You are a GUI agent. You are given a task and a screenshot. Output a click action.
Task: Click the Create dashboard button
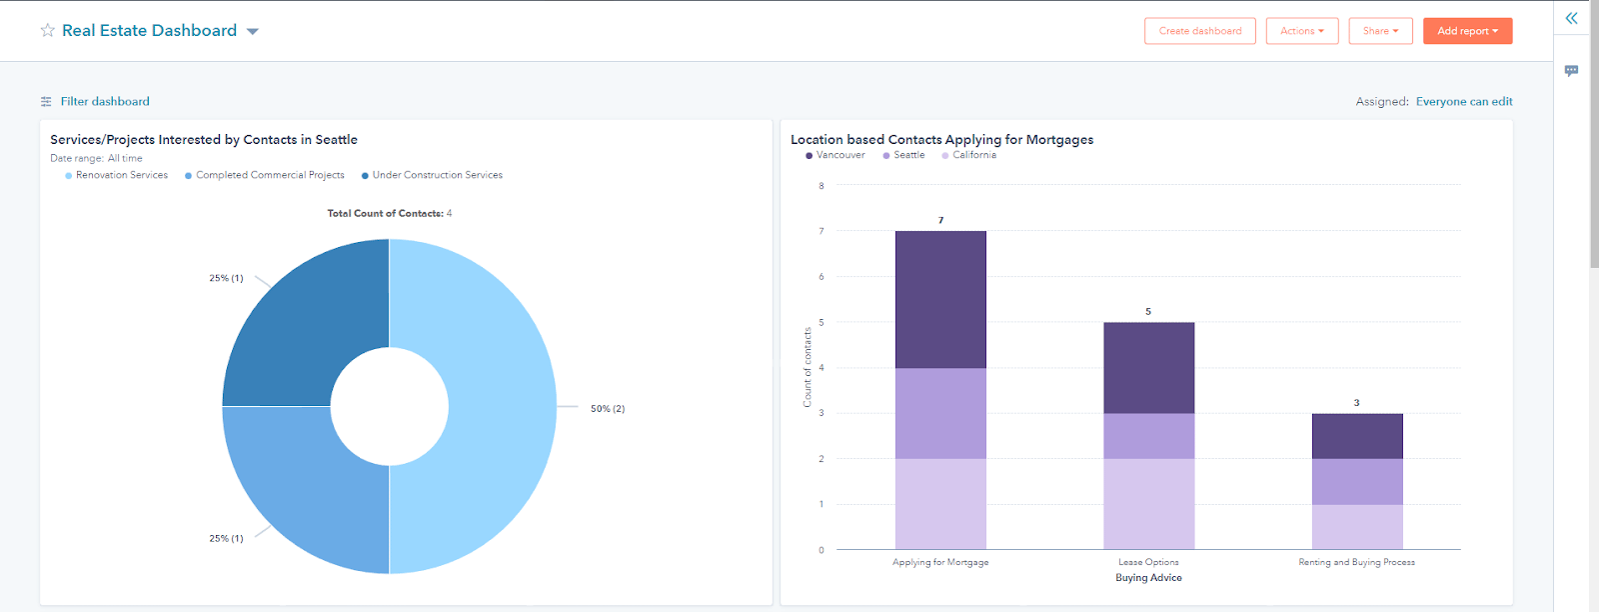(1199, 31)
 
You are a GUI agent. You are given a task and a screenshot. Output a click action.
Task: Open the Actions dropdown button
(1301, 31)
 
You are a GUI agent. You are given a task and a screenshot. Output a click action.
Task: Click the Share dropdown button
(1380, 31)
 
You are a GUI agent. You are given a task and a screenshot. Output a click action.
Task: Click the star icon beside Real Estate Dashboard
(47, 31)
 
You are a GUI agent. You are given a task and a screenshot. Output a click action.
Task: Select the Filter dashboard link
(104, 101)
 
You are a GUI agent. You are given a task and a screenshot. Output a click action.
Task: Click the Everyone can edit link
(1463, 101)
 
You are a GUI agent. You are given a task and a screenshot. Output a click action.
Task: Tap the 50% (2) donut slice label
(607, 408)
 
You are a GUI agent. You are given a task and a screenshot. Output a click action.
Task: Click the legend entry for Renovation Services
(121, 175)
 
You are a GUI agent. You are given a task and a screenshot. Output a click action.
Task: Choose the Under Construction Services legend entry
(437, 175)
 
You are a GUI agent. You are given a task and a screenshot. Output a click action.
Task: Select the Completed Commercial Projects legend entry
(269, 175)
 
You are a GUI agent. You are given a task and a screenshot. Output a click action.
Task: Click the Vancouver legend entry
(839, 155)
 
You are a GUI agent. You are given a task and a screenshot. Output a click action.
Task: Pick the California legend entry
(973, 155)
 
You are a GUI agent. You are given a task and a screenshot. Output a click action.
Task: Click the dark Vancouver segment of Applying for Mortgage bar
(940, 299)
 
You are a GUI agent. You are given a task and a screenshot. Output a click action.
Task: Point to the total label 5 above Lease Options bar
(1148, 312)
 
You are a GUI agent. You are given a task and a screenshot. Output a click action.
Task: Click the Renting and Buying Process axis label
(1356, 562)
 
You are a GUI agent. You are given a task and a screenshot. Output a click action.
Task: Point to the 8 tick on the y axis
(821, 186)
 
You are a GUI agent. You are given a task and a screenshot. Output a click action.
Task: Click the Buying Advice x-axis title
(1148, 578)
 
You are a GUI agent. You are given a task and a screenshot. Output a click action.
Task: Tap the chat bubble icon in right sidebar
(1571, 71)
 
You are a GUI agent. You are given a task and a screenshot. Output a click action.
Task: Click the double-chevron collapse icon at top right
(1571, 18)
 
